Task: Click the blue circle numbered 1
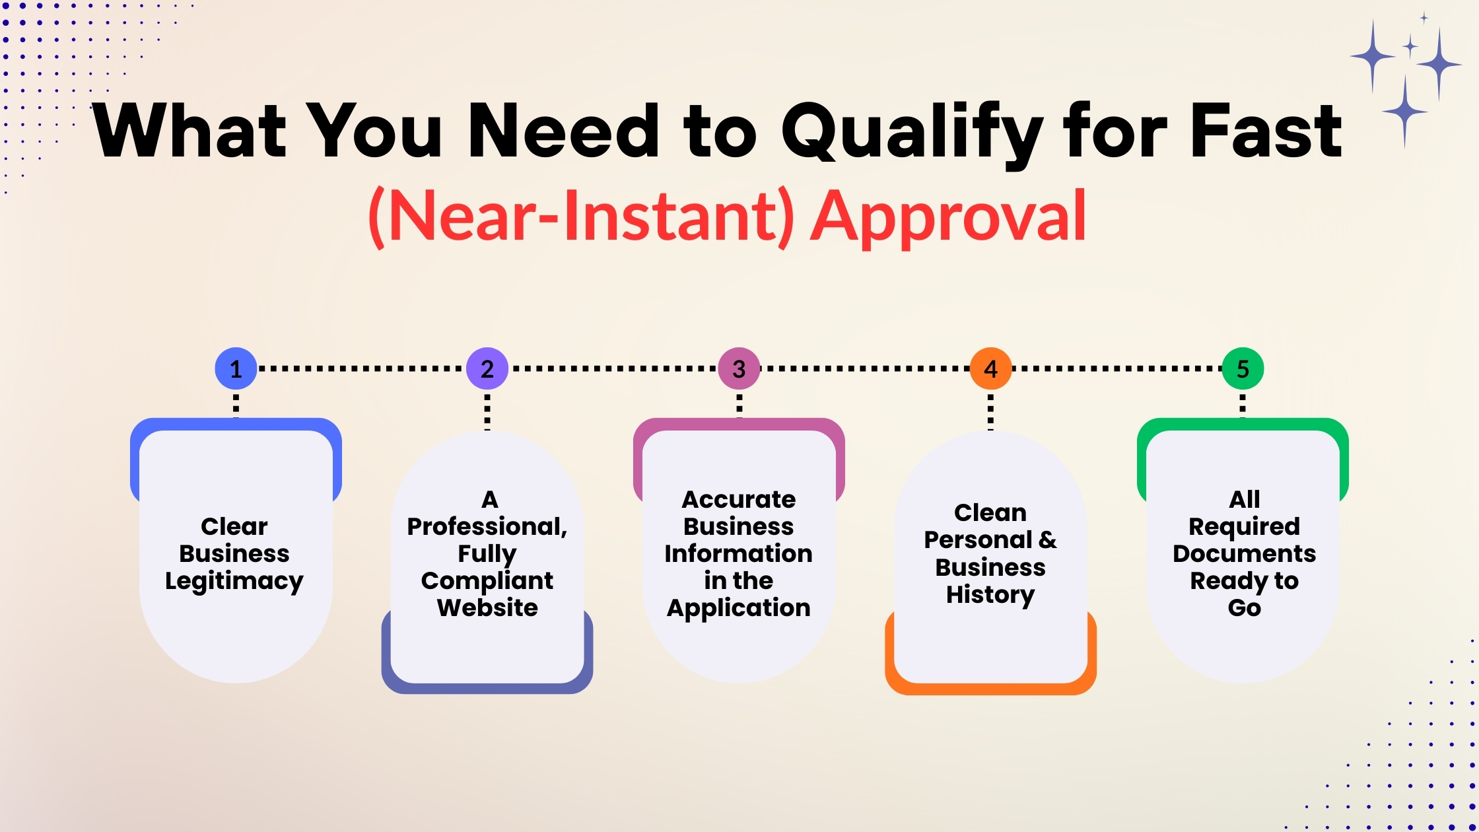(236, 368)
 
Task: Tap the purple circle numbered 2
(487, 368)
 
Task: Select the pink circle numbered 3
(739, 368)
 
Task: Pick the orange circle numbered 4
(990, 368)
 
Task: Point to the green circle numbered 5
(1243, 368)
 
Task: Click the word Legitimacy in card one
(234, 581)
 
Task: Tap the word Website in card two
(487, 607)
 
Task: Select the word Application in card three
(739, 608)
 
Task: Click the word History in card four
(990, 595)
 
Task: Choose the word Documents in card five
(1244, 553)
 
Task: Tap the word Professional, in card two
(487, 526)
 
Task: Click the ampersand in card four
(1047, 540)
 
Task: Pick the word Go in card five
(1244, 607)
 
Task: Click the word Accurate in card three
(739, 499)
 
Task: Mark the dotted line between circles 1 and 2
(361, 368)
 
